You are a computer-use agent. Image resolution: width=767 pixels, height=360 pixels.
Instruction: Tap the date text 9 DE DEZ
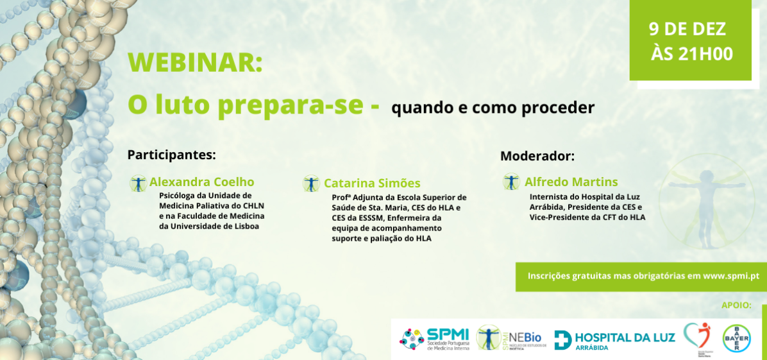click(687, 29)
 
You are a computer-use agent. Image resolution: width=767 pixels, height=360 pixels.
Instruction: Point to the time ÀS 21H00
click(691, 54)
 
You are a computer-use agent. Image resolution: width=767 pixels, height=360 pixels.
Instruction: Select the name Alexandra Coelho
click(201, 182)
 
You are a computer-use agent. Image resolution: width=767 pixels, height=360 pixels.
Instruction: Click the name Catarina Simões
click(372, 184)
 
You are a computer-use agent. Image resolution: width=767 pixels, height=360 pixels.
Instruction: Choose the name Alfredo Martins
click(571, 182)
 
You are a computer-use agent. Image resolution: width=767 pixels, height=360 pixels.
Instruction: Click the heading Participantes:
click(171, 155)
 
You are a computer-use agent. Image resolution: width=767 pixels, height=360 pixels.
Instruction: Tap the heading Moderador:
click(537, 156)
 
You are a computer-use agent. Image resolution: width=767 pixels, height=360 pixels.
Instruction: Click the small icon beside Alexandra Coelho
click(138, 183)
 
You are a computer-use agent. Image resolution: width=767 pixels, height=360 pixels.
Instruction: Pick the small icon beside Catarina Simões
click(311, 184)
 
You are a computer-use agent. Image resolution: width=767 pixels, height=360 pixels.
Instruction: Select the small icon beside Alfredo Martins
click(511, 182)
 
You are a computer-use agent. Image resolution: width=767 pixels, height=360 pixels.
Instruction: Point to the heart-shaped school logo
click(696, 336)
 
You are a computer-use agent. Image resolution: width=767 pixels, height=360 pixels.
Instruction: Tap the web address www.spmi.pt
click(731, 276)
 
